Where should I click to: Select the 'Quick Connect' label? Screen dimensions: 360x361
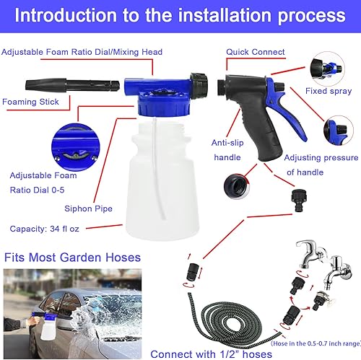[x=255, y=52]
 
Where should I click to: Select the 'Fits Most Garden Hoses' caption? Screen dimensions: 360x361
[x=71, y=256]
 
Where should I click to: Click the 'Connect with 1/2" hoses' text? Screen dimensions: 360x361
[x=211, y=354]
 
